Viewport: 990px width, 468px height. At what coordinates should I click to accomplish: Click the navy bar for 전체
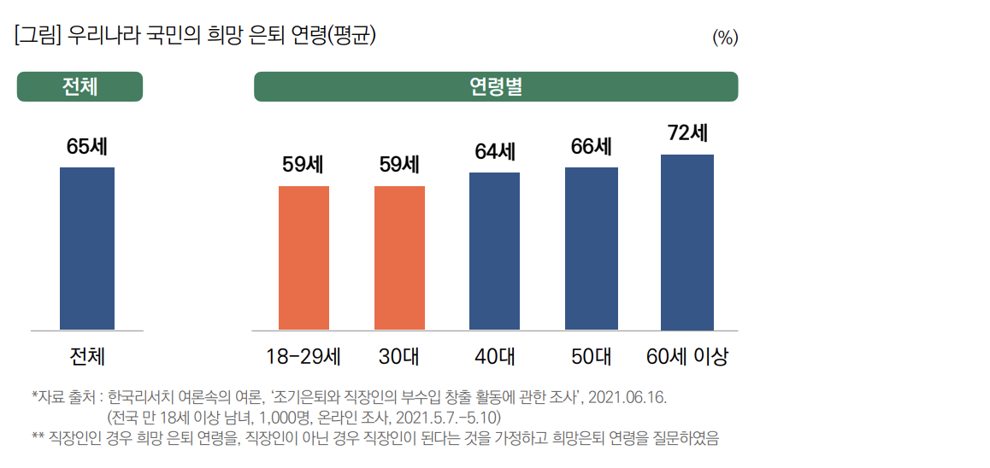click(86, 248)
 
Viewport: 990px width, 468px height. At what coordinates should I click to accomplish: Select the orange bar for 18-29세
click(303, 257)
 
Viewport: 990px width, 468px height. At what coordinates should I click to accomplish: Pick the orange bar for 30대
click(399, 257)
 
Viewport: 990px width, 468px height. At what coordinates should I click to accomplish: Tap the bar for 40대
click(494, 251)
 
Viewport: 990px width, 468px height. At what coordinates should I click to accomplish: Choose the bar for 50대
click(591, 249)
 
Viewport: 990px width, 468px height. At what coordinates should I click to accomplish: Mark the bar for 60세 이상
click(687, 242)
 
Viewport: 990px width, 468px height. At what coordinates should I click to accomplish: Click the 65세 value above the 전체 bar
click(86, 146)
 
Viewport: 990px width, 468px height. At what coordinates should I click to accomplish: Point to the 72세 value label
click(687, 133)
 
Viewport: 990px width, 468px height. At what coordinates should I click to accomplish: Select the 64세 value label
click(495, 151)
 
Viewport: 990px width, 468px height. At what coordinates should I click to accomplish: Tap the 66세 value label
click(591, 146)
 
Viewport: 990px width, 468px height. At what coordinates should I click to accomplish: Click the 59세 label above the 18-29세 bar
click(303, 164)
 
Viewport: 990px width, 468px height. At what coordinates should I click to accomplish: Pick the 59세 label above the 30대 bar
click(399, 164)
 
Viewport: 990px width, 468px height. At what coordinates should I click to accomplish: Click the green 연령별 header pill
click(495, 87)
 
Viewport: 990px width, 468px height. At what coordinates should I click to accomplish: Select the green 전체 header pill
click(80, 87)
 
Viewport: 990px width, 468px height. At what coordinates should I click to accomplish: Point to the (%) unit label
click(724, 38)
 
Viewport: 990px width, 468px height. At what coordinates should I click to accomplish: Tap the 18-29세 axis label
click(303, 357)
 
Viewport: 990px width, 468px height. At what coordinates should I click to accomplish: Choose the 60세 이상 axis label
click(687, 357)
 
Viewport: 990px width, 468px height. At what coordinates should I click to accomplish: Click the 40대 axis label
click(494, 357)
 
